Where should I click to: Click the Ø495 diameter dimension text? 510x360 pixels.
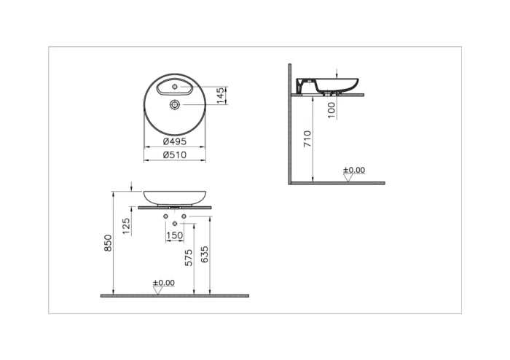(x=174, y=141)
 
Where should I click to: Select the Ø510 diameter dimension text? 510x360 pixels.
(x=174, y=154)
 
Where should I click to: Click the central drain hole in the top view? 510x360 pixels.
(x=175, y=105)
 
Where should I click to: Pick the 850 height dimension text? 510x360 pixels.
(x=108, y=243)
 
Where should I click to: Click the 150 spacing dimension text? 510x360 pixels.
(x=175, y=235)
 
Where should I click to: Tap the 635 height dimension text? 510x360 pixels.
(x=205, y=254)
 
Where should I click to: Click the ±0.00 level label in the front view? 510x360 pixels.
(x=164, y=282)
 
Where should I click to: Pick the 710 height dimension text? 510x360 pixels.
(x=307, y=138)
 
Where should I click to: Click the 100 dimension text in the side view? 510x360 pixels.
(x=331, y=110)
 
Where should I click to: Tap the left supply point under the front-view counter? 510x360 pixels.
(x=166, y=216)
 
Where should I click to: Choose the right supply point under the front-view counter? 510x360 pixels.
(x=184, y=216)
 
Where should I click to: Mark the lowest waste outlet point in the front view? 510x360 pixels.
(x=175, y=223)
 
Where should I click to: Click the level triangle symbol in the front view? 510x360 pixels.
(x=157, y=290)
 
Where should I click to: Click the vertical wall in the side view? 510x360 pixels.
(x=290, y=131)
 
